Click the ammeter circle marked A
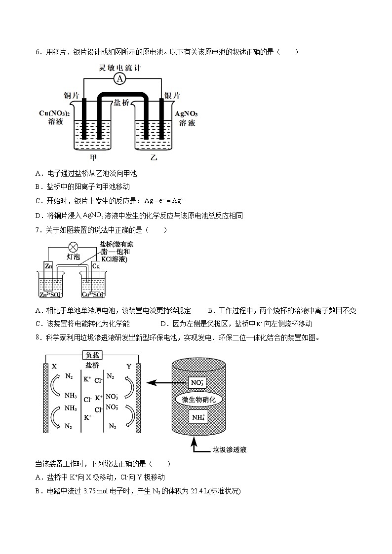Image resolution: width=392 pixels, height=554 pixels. pos(119,79)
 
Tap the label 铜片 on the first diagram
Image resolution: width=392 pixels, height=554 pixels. pos(72,95)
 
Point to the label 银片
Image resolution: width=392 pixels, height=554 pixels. pos(172,95)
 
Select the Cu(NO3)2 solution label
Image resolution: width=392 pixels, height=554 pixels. pos(54,117)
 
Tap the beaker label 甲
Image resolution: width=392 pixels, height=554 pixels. pos(93,157)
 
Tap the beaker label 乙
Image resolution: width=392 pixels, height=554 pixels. pos(154,157)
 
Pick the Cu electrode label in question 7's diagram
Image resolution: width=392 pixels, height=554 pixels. pos(96,266)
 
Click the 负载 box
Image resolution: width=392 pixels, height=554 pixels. pos(92,355)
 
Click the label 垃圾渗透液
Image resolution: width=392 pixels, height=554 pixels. pos(229,449)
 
